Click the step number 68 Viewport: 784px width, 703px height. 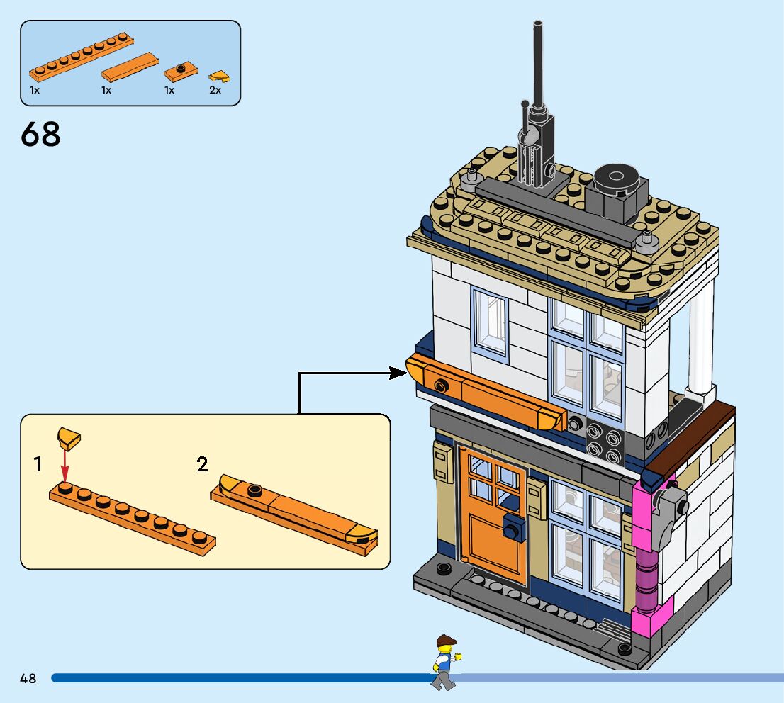(x=41, y=134)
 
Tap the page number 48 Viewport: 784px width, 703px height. (x=28, y=678)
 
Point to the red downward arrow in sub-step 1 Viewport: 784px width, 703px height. (x=65, y=468)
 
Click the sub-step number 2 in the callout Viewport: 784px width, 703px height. (x=203, y=465)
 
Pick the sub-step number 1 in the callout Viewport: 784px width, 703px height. (x=38, y=465)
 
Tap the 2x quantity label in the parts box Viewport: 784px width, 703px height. (x=215, y=90)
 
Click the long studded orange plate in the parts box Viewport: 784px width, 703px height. (x=80, y=59)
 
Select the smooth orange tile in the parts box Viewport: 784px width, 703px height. (x=130, y=67)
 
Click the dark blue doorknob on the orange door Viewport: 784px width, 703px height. (x=512, y=528)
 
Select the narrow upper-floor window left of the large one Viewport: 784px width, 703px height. (x=491, y=322)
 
